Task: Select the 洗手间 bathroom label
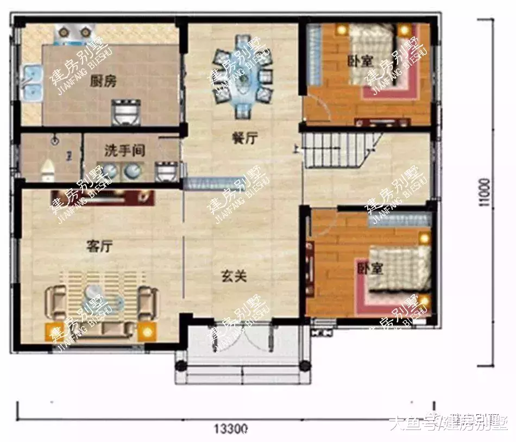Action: click(124, 151)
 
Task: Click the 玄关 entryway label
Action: click(234, 276)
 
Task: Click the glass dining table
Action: click(242, 76)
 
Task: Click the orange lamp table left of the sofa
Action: click(55, 331)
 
